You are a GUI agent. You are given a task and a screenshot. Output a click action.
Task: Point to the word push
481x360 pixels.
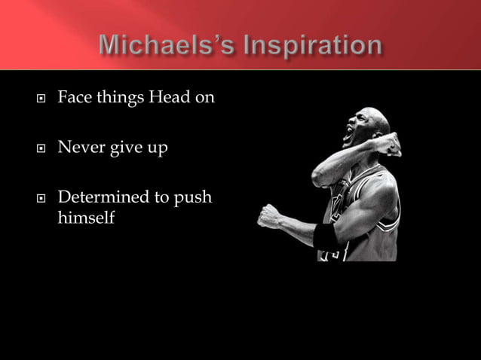pyautogui.click(x=194, y=198)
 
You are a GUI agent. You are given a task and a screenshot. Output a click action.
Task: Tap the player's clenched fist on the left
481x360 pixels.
pyautogui.click(x=269, y=215)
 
